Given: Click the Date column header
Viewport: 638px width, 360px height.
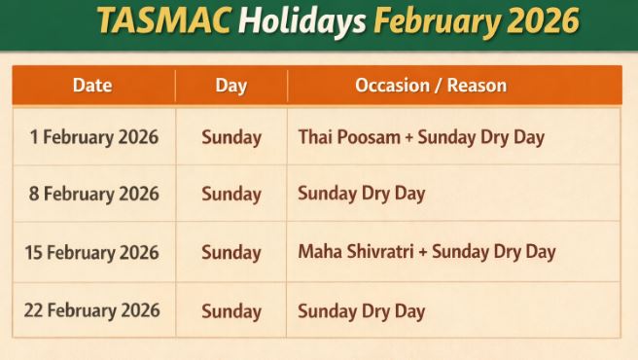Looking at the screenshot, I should pos(92,86).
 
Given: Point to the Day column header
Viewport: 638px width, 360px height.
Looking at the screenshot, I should pos(230,86).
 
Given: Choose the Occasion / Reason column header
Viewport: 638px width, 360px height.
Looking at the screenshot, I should pos(431,86).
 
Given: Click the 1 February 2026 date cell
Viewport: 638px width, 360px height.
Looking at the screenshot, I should pos(93,137).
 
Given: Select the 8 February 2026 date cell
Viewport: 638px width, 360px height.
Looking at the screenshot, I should pos(93,194).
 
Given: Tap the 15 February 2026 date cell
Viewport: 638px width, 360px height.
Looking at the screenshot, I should pos(92,252).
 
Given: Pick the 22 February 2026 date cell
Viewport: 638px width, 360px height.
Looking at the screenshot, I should pos(92,310).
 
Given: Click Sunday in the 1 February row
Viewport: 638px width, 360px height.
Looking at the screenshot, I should pos(231,137).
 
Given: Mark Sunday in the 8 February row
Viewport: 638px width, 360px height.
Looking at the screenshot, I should pos(231,194).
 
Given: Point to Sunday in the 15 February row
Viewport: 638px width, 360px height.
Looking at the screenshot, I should pos(231,252).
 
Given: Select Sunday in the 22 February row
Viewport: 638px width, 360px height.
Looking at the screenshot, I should pos(231,311).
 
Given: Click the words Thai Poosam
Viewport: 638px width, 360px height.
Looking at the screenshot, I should pos(349,137).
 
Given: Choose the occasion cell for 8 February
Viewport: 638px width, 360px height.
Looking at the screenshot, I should pos(362,194).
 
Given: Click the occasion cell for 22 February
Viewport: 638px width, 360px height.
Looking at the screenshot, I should pos(362,311).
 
